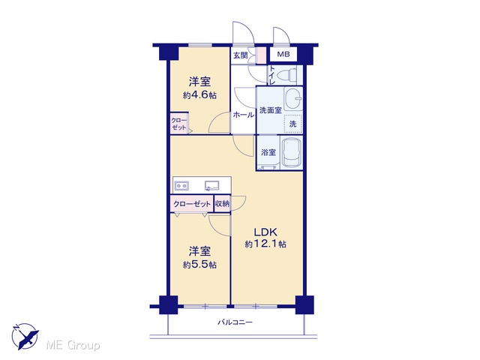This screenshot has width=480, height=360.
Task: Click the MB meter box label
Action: [283, 55]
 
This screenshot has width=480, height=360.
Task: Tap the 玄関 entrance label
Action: [240, 55]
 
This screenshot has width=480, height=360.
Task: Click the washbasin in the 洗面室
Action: [293, 98]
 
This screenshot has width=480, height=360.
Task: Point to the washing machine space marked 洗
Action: [293, 124]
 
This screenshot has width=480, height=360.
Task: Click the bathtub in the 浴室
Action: [291, 153]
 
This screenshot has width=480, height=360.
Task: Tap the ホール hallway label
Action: [243, 115]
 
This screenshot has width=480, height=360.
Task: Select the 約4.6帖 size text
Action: [199, 95]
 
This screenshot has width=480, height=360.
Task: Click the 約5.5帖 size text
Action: [199, 265]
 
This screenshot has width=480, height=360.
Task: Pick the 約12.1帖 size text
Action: [265, 244]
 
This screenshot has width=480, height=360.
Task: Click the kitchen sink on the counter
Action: [212, 185]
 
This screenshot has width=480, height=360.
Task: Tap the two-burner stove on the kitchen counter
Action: [181, 185]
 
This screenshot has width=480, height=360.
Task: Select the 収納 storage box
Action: [222, 203]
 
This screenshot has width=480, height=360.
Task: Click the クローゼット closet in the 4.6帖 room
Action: [179, 123]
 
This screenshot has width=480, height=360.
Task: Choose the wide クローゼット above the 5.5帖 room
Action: [192, 203]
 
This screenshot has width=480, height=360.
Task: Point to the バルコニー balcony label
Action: [235, 322]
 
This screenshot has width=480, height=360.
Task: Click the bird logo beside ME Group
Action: [25, 337]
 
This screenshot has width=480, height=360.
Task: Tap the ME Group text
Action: [73, 346]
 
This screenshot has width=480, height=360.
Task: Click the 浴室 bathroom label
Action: [268, 152]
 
